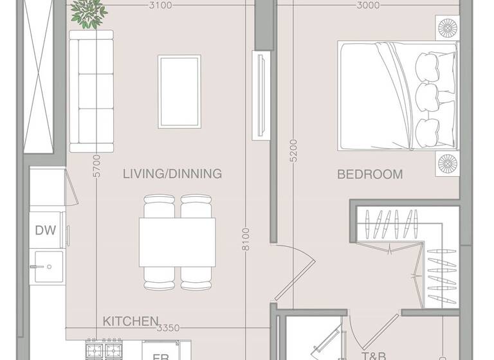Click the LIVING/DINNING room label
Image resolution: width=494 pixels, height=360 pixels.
[172, 174]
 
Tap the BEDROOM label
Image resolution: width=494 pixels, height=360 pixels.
[370, 174]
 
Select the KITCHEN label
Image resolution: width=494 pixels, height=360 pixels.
[131, 321]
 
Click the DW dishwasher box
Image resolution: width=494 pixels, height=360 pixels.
[46, 230]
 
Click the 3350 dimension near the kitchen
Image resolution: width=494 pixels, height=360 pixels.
[168, 328]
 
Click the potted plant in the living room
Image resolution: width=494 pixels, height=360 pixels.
[87, 13]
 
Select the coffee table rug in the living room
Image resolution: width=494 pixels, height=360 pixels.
[179, 91]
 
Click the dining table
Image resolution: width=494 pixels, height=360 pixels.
[178, 241]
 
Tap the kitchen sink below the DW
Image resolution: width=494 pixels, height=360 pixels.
[48, 269]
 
